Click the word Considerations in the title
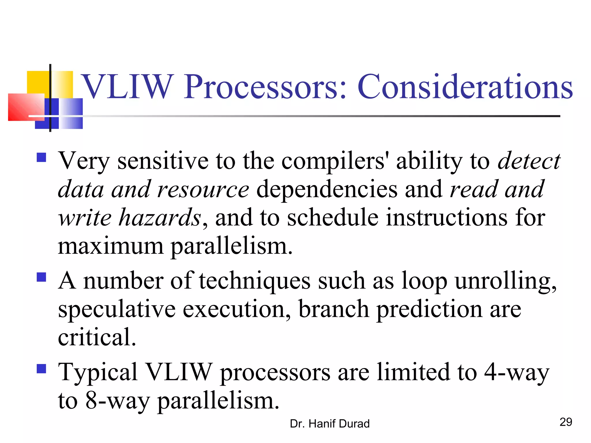(465, 87)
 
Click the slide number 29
(566, 422)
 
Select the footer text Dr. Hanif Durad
(330, 424)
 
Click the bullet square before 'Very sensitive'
(42, 157)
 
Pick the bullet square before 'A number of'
(42, 277)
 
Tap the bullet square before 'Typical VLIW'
(42, 369)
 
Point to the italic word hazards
(160, 217)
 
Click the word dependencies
(327, 189)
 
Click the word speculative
(117, 309)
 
